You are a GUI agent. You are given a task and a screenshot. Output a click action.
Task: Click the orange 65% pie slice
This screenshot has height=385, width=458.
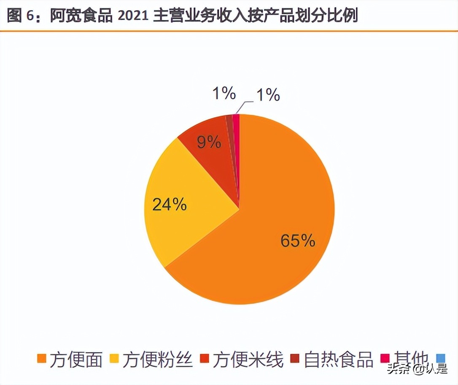coord(270,236)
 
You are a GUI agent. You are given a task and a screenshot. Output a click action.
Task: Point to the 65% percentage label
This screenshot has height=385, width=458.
coord(298,241)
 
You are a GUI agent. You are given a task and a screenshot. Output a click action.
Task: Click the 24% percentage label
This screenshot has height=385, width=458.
coord(169,205)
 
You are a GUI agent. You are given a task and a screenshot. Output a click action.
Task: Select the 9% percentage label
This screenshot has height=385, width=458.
coord(209,143)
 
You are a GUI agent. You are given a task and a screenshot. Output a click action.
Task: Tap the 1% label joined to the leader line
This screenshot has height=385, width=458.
coord(267,95)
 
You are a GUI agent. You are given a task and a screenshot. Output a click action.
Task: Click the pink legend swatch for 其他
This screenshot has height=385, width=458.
coord(384,358)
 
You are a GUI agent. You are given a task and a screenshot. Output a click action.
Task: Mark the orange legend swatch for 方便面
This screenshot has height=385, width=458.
coord(41,358)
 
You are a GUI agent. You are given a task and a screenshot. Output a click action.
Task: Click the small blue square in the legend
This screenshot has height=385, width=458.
coord(442,358)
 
